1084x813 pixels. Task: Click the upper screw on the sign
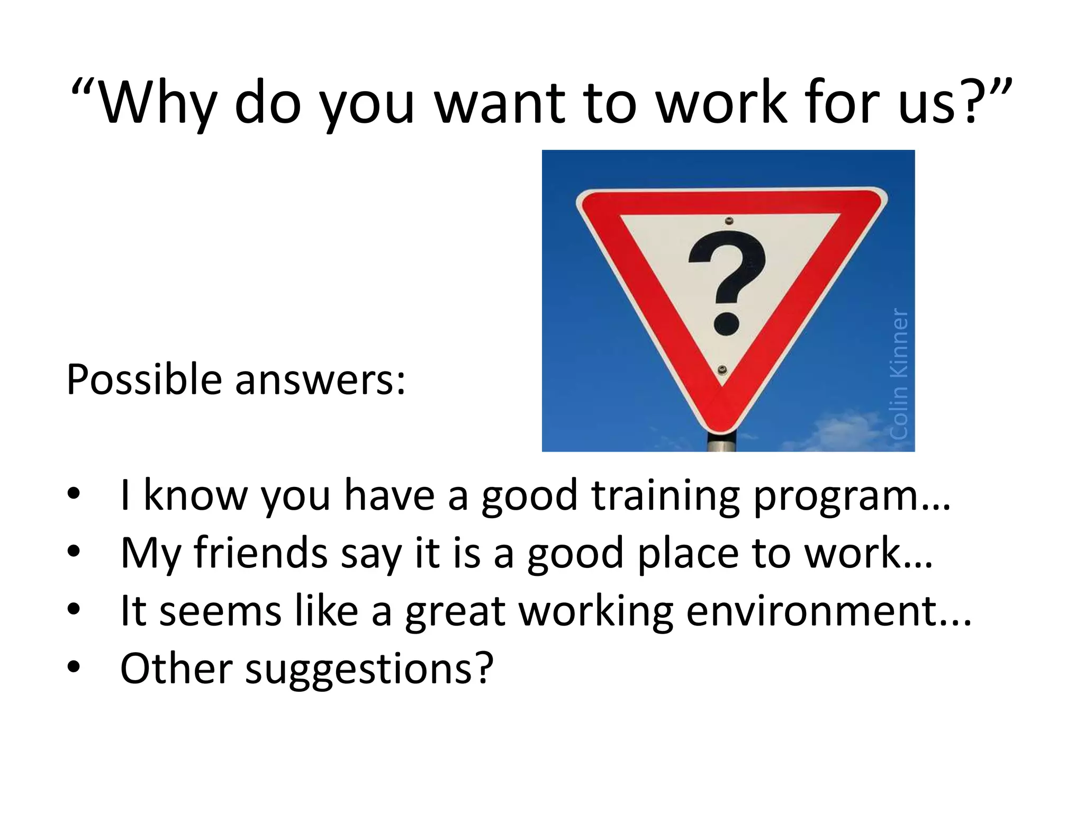[729, 221]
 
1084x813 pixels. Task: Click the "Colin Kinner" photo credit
[899, 374]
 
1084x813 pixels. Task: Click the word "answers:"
[320, 380]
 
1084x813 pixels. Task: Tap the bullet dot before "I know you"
[74, 494]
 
